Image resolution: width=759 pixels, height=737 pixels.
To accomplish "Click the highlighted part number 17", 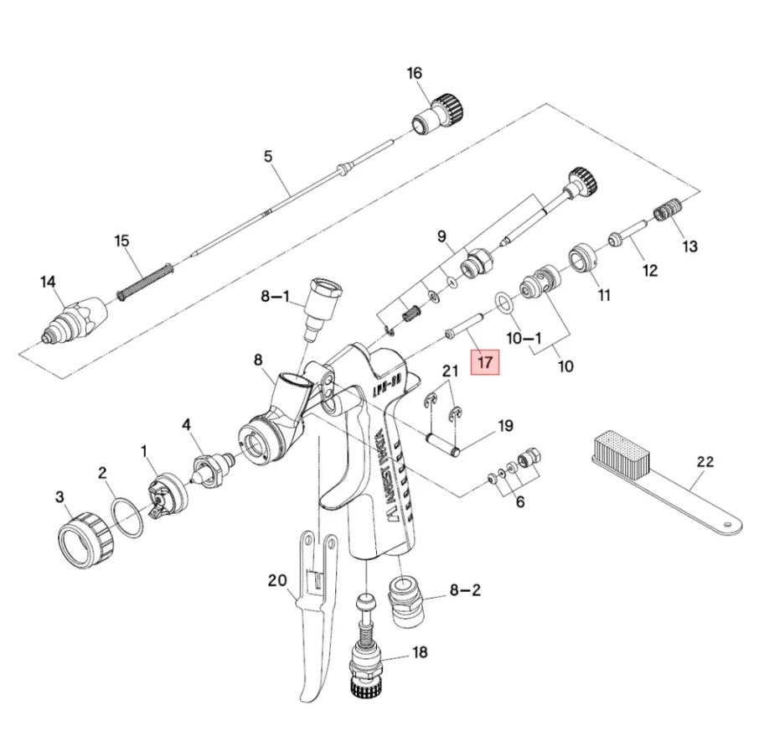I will coord(486,363).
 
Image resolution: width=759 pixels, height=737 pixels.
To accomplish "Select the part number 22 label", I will coord(705,460).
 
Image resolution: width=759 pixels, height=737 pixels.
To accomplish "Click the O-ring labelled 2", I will coord(125,516).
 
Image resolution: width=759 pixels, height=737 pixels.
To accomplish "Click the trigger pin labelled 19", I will coord(442,442).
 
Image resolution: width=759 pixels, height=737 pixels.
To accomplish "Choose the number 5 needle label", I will coord(268,157).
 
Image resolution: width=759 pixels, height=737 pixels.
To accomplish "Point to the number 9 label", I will coord(441,236).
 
